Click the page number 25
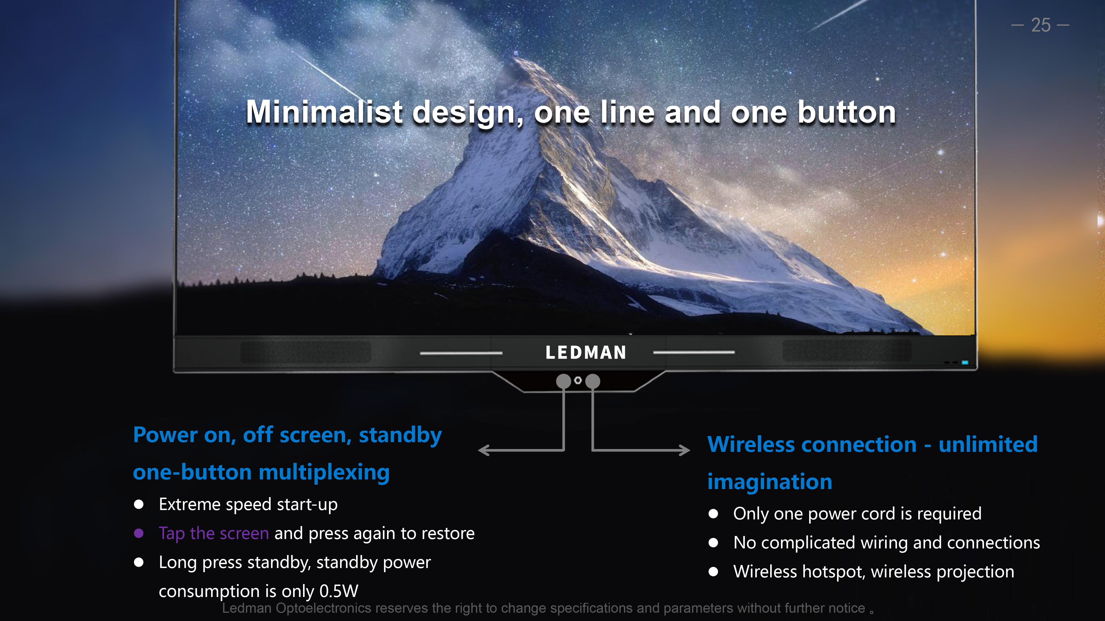coord(1041,25)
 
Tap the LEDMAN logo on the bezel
coord(586,352)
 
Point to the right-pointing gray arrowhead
coord(685,450)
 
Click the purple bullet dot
coord(139,533)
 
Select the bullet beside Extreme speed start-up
coord(139,505)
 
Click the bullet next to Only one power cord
coord(713,514)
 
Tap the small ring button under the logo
coord(578,380)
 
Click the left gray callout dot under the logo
coord(564,381)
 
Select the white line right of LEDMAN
coord(694,352)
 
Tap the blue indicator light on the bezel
coord(965,363)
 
